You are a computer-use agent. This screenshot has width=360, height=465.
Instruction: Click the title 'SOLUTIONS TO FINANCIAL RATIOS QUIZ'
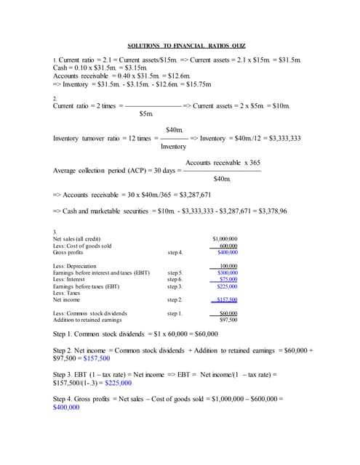[x=180, y=45]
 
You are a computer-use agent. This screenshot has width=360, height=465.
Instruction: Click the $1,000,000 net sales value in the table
[x=225, y=239]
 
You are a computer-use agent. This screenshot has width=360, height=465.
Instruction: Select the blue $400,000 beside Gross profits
[x=227, y=252]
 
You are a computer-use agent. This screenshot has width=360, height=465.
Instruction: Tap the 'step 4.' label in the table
[x=175, y=252]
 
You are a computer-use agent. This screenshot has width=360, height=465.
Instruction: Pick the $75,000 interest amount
[x=228, y=279]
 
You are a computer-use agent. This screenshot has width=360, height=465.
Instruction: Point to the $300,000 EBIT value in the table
[x=228, y=272]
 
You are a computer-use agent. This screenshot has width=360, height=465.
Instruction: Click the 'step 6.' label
[x=175, y=279]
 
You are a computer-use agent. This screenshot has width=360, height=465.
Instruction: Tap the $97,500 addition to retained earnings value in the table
[x=228, y=320]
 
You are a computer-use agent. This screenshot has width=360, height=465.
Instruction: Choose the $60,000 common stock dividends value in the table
[x=228, y=313]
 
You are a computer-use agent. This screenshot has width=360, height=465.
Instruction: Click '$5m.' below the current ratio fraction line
[x=146, y=114]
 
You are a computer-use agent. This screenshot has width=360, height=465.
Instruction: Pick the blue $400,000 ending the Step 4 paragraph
[x=66, y=408]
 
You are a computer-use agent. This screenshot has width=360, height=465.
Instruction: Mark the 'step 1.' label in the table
[x=175, y=313]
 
